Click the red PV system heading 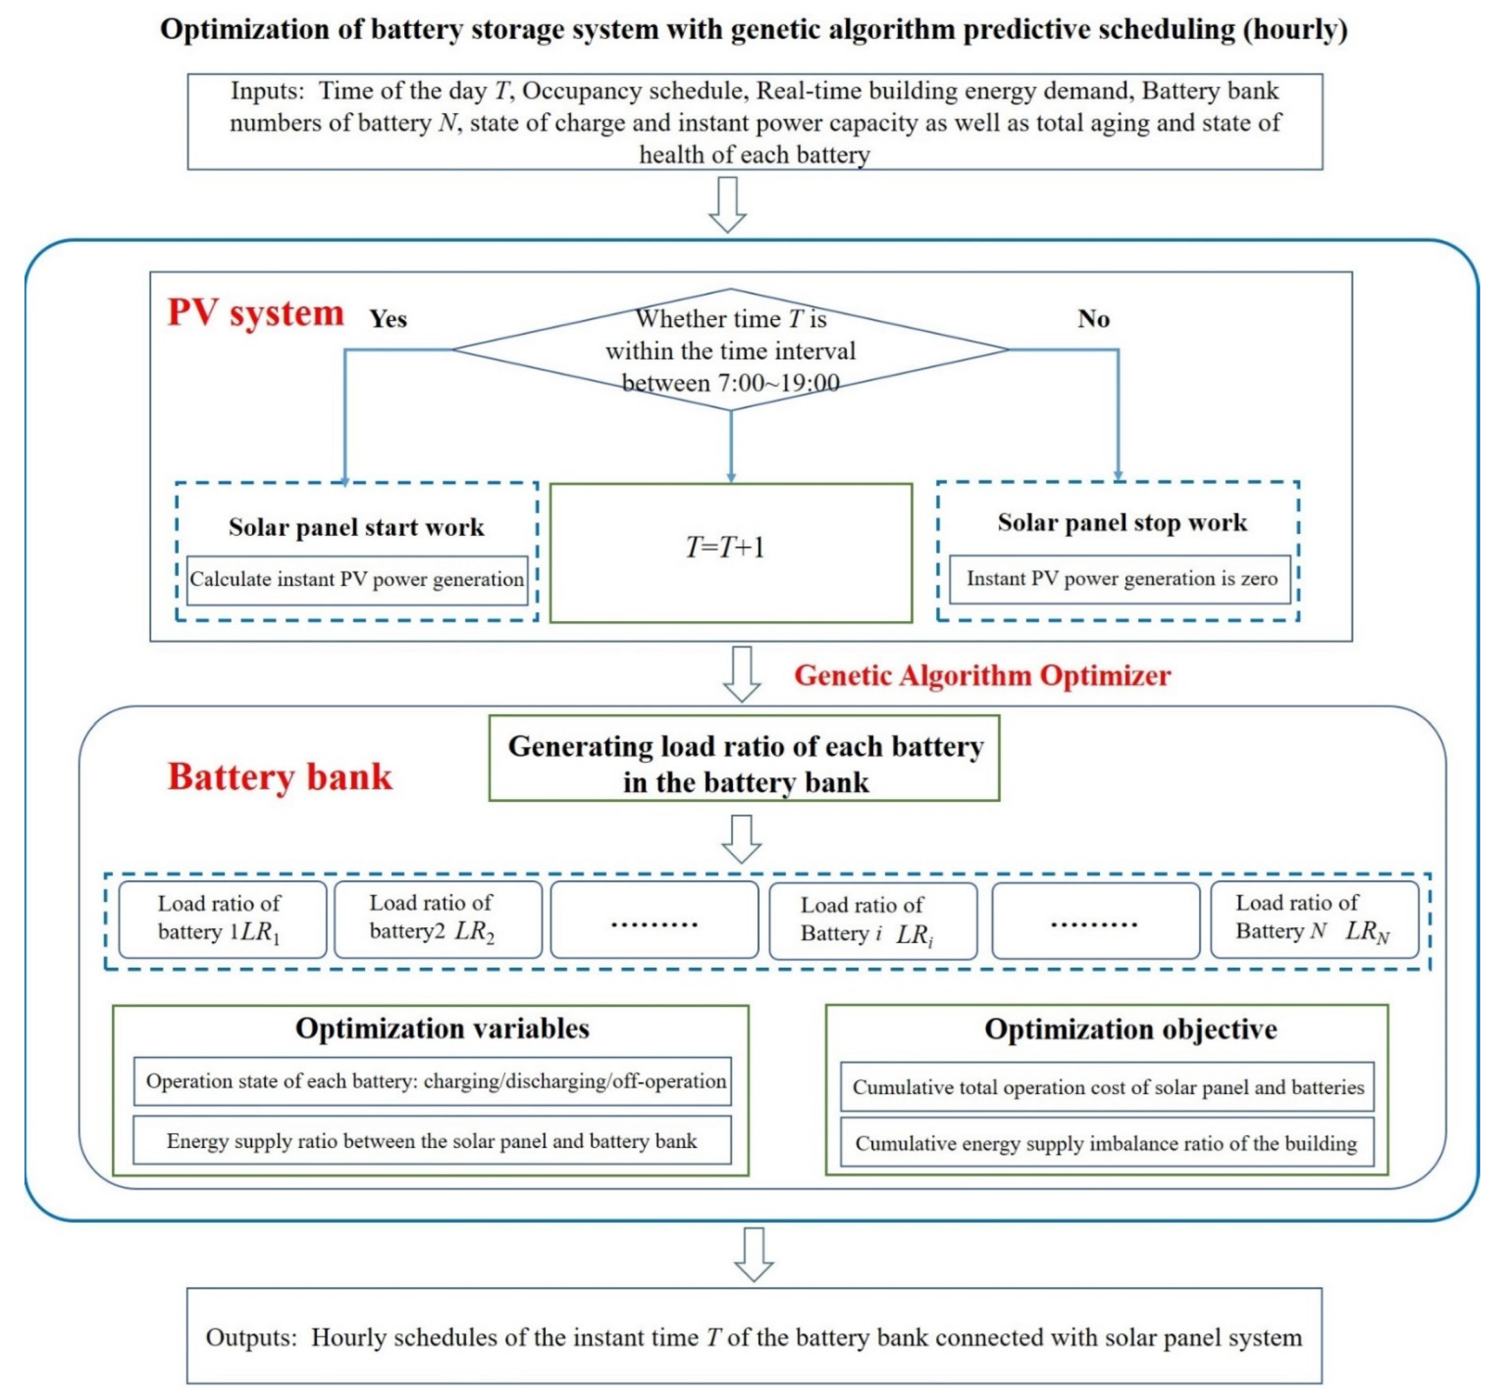coord(255,313)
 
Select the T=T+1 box coord(730,553)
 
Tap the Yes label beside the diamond coord(388,319)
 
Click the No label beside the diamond coord(1093,319)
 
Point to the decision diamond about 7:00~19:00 coord(730,350)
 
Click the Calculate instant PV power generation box coord(357,580)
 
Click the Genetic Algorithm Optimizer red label coord(981,675)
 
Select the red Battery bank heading coord(280,777)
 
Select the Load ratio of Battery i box coord(873,920)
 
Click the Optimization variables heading coord(442,1028)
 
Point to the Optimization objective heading coord(1130,1029)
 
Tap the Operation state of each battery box coord(432,1081)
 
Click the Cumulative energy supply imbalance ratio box coord(1106,1143)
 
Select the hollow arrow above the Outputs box coord(754,1254)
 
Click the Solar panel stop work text coord(1122,522)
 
